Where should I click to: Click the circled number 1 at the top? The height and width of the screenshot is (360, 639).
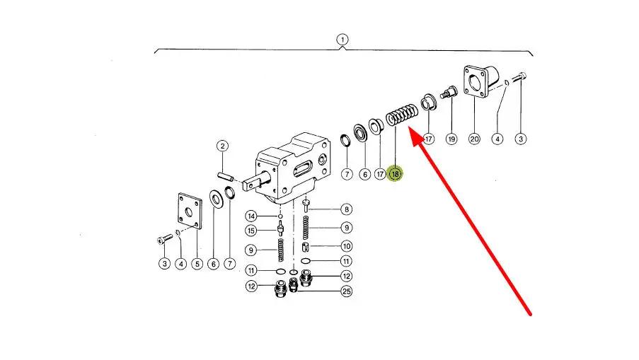[x=342, y=40]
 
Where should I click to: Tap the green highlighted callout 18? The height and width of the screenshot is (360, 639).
[x=395, y=173]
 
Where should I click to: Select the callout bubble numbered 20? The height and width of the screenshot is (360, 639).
[x=474, y=139]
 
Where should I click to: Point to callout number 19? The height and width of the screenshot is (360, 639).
[x=451, y=139]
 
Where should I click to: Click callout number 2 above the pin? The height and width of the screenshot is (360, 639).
[x=222, y=146]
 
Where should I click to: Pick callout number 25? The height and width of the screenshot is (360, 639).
[x=346, y=291]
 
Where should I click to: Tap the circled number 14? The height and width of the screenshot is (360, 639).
[x=251, y=216]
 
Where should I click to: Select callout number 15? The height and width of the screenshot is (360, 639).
[x=251, y=231]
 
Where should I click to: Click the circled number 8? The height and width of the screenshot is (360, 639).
[x=346, y=209]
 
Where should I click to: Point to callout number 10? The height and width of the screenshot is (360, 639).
[x=346, y=246]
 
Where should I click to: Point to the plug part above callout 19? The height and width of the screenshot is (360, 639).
[x=447, y=93]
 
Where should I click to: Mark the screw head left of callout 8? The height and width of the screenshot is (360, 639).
[x=306, y=204]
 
